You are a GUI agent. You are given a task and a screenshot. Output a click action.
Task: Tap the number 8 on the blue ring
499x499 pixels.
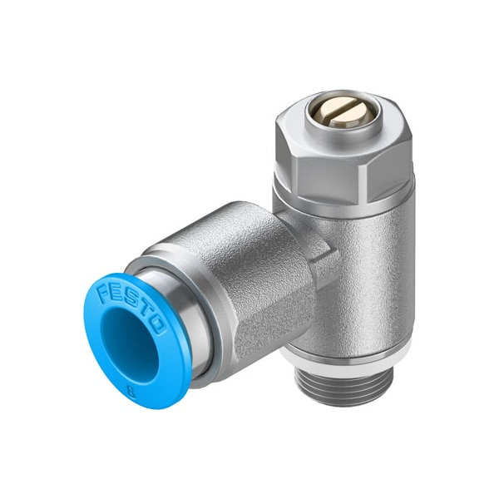(131, 391)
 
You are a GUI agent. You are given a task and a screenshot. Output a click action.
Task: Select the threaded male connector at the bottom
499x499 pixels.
(342, 386)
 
